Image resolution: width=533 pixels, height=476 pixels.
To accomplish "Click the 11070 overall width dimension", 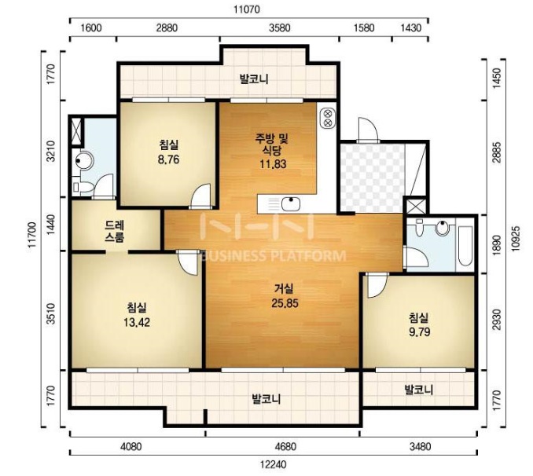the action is coord(247,9).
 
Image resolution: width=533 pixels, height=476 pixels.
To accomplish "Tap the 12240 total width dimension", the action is coord(274,464).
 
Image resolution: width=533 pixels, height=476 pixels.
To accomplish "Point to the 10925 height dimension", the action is coord(516,238).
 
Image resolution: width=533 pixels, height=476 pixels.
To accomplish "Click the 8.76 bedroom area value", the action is coord(168,159).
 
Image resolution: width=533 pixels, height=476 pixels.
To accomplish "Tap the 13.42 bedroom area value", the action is coord(137,322).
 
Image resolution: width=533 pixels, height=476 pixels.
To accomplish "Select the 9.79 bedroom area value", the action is coord(420,331).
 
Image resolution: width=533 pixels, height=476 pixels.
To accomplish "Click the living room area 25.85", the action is coord(285,303).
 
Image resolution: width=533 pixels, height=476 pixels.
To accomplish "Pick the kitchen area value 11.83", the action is coord(273,163).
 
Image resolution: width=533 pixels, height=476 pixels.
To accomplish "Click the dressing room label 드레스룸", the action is coord(115,231).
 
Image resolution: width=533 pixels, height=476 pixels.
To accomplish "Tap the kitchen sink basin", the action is coord(291,204).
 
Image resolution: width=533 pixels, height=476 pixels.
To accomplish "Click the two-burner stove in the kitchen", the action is coord(328,119).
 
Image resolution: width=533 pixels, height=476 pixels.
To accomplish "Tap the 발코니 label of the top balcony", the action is coord(254,79).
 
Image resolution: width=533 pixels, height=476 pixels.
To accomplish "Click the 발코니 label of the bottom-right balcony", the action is coord(419,390).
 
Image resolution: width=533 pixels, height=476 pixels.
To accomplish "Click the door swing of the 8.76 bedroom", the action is coord(201,196).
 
